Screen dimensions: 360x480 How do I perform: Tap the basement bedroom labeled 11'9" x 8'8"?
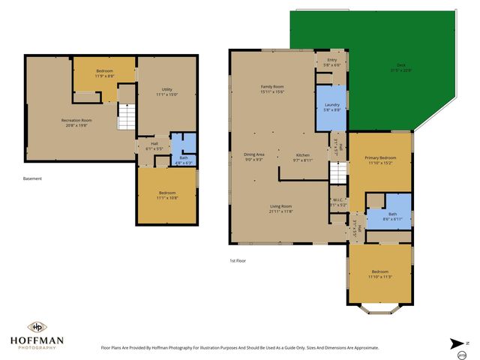104,74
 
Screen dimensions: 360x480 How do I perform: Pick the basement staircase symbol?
126,116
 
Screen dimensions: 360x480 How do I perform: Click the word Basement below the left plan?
32,178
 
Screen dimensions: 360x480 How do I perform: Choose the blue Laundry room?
332,106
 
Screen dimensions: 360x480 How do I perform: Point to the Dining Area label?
253,157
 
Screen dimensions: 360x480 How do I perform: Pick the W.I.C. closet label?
338,202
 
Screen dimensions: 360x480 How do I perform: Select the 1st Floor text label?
238,260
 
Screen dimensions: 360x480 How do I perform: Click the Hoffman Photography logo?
36,334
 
